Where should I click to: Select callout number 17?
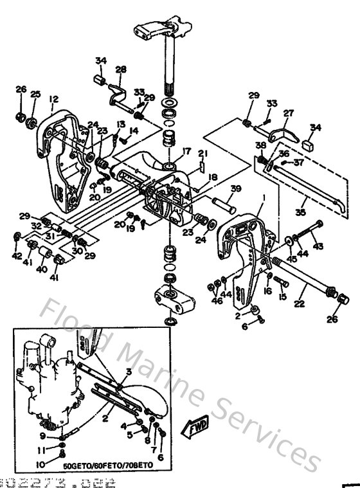click(x=187, y=152)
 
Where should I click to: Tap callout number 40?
click(x=42, y=270)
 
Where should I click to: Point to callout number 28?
click(x=121, y=69)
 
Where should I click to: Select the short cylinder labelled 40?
click(x=45, y=251)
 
